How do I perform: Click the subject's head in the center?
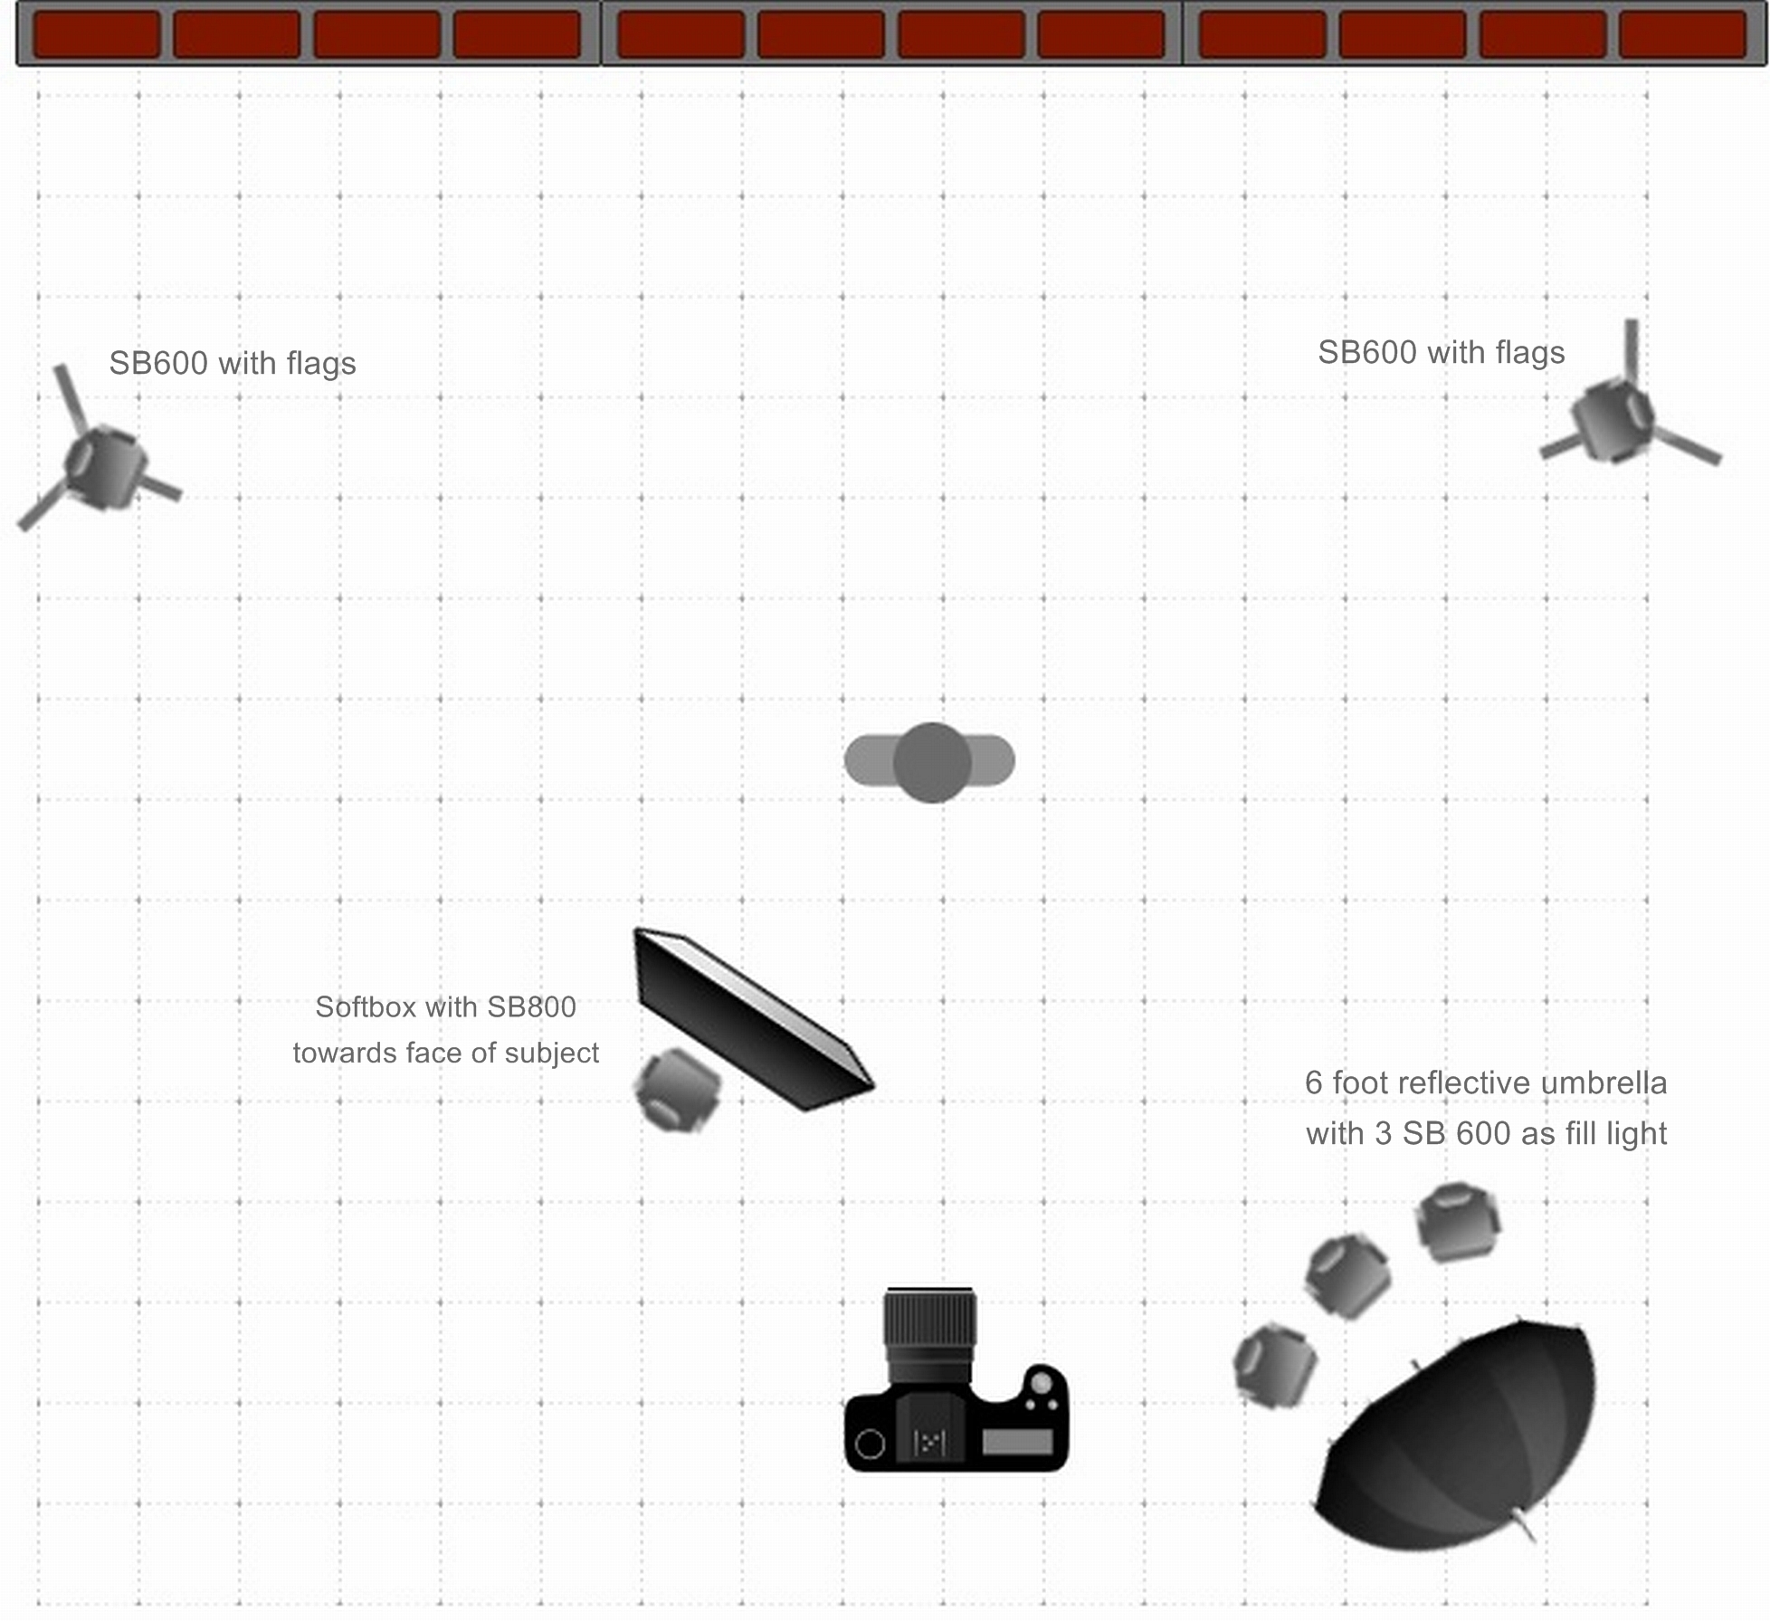(932, 762)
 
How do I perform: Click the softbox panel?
(754, 1019)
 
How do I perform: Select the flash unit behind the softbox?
(678, 1091)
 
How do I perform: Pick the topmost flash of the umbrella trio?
(1458, 1222)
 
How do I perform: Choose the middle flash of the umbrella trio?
(1347, 1276)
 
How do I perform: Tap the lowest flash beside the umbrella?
(1275, 1365)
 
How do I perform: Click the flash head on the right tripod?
(1613, 419)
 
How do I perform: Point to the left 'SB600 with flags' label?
(233, 363)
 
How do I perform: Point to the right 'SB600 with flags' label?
(1442, 352)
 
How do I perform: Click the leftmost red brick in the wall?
(97, 34)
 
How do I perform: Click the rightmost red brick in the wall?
(1682, 34)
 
